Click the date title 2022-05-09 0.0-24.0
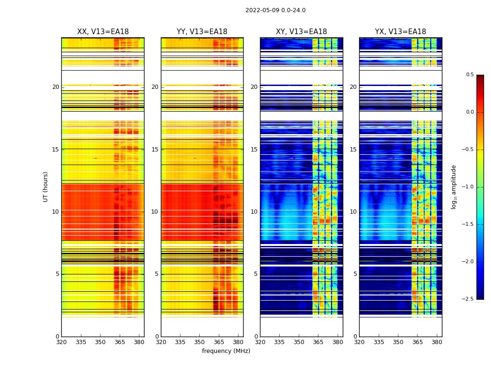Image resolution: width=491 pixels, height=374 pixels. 275,10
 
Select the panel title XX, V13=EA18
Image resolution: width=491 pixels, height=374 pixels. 103,32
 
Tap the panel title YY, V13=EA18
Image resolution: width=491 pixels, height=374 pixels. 202,32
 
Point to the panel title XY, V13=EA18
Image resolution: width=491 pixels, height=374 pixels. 301,32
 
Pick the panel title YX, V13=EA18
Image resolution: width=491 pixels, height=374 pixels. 400,32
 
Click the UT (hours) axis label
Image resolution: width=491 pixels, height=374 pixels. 46,187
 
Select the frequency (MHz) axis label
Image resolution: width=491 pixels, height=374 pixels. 226,351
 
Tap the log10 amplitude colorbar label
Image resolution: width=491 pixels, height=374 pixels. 454,187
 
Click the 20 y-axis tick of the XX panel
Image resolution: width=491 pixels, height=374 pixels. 56,87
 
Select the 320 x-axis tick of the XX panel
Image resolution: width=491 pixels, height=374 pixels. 61,342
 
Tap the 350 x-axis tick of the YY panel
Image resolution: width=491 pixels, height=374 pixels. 200,342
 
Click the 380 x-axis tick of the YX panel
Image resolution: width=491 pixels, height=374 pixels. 437,342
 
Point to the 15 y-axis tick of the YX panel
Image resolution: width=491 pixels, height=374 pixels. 354,150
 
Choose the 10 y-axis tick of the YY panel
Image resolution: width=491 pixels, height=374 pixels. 155,212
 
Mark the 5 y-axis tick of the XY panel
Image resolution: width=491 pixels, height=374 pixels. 256,274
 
